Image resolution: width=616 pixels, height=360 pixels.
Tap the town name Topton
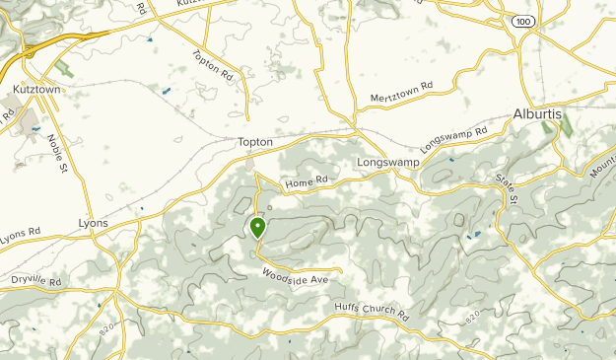point(254,142)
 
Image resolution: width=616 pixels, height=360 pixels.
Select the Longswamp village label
point(382,161)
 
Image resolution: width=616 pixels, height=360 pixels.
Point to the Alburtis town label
point(536,114)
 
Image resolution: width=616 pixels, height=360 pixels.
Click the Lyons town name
point(93,224)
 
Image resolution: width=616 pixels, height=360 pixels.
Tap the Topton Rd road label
point(212,66)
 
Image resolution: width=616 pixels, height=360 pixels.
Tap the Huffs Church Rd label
point(371,312)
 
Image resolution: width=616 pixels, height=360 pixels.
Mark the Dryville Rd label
point(35,281)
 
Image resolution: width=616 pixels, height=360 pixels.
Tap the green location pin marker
point(257,229)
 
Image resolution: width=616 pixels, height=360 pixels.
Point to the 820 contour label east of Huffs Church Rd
point(473,318)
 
